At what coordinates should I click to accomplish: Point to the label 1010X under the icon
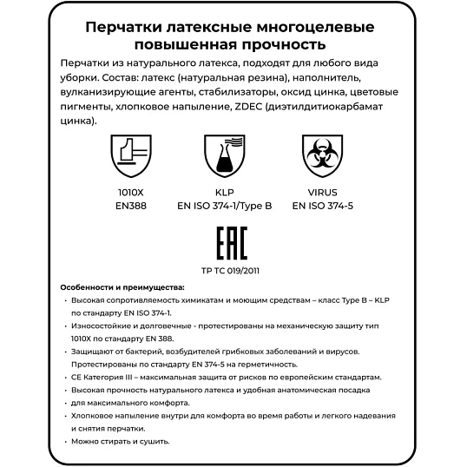pyautogui.click(x=129, y=193)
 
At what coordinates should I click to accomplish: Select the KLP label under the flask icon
pyautogui.click(x=225, y=193)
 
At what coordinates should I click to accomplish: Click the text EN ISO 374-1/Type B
pyautogui.click(x=225, y=207)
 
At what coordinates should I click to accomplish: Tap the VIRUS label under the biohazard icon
pyautogui.click(x=322, y=193)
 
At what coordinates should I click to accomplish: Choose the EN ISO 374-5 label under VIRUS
pyautogui.click(x=322, y=207)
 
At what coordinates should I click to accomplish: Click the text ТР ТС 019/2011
pyautogui.click(x=230, y=271)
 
